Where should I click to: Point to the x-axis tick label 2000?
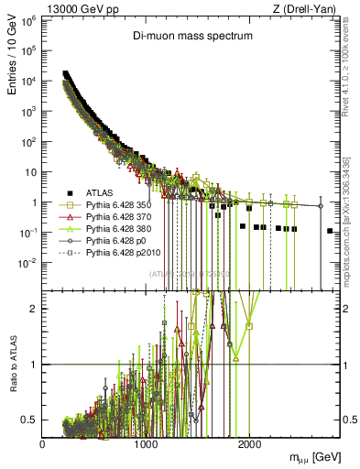click(x=249, y=443)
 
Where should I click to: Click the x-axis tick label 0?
click(x=43, y=443)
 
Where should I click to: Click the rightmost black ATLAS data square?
click(x=329, y=231)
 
